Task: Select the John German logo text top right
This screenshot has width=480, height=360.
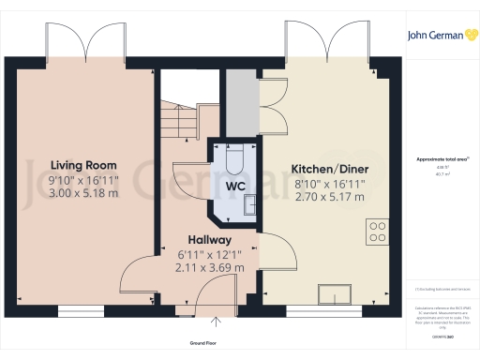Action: (442, 36)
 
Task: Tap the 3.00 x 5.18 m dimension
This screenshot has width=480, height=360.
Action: (84, 193)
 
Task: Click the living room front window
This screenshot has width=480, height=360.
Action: (82, 309)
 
